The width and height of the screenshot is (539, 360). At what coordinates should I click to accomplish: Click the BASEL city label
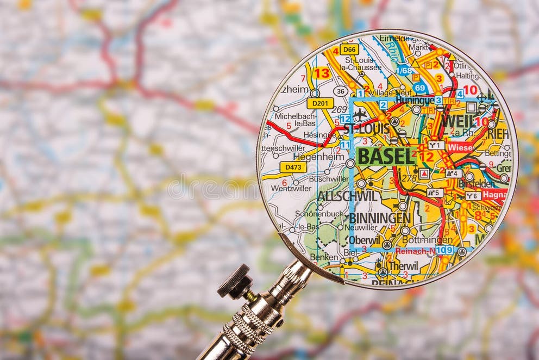pyautogui.click(x=386, y=157)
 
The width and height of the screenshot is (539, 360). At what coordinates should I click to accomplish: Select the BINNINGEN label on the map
pyautogui.click(x=379, y=218)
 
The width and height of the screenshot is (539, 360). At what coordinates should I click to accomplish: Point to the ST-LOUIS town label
pyautogui.click(x=367, y=129)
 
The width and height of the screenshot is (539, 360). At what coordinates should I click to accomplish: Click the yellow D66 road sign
pyautogui.click(x=349, y=49)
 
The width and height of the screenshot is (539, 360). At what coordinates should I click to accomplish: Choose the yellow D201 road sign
pyautogui.click(x=320, y=103)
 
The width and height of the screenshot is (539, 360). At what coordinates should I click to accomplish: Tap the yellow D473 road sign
pyautogui.click(x=293, y=167)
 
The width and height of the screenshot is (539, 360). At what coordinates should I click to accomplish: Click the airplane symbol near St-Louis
pyautogui.click(x=360, y=115)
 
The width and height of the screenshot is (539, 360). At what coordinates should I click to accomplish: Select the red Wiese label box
pyautogui.click(x=460, y=147)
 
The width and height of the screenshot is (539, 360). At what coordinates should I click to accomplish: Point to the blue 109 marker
pyautogui.click(x=444, y=250)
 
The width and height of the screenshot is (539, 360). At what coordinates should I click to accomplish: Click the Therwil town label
pyautogui.click(x=404, y=266)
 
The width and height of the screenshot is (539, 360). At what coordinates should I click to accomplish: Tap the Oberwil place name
pyautogui.click(x=364, y=239)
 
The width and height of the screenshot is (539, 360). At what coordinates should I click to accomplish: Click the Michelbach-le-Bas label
pyautogui.click(x=295, y=120)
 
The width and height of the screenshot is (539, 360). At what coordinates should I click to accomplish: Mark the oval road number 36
pyautogui.click(x=341, y=91)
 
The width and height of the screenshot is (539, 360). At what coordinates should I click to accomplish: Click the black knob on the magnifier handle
pyautogui.click(x=234, y=281)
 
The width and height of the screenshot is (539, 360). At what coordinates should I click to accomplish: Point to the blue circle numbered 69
pyautogui.click(x=419, y=87)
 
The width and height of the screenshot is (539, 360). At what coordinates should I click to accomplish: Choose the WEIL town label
pyautogui.click(x=457, y=121)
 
